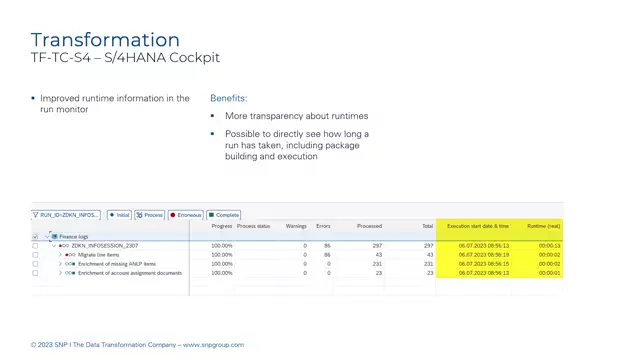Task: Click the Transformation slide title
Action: [x=105, y=40]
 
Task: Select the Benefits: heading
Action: [x=229, y=99]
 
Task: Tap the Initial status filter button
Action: [x=120, y=215]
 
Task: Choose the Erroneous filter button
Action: [x=186, y=215]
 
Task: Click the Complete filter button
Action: [x=224, y=215]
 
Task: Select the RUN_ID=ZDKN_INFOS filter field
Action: [x=67, y=215]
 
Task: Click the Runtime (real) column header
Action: [x=543, y=226]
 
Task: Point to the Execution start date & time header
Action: [x=477, y=226]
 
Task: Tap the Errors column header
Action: [x=322, y=226]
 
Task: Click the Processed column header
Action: [x=369, y=226]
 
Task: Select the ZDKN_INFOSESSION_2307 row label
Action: [x=105, y=245]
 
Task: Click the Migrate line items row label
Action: [x=100, y=255]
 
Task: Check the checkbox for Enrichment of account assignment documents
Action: [x=35, y=273]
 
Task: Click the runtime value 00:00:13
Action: [x=549, y=245]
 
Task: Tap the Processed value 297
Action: [x=376, y=245]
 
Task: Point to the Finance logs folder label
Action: [x=73, y=236]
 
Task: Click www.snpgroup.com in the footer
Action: [x=212, y=345]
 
